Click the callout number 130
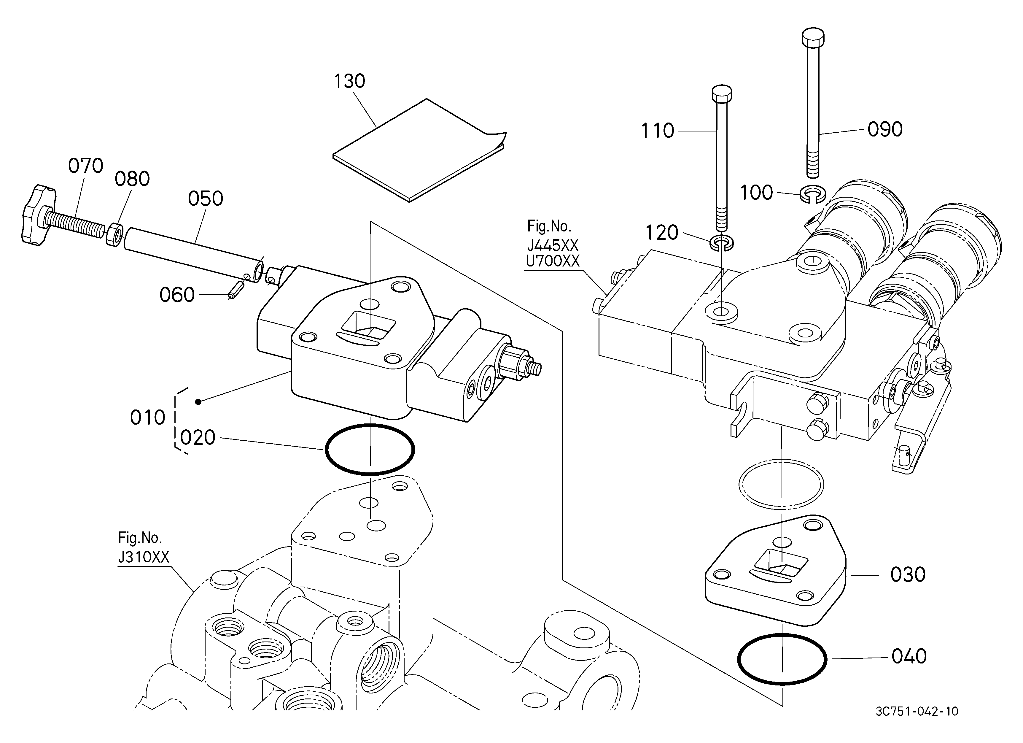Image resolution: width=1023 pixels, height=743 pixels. [349, 82]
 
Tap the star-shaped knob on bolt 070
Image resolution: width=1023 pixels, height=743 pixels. [38, 215]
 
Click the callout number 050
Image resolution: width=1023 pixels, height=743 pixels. [206, 199]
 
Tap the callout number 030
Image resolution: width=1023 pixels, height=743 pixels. [908, 575]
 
